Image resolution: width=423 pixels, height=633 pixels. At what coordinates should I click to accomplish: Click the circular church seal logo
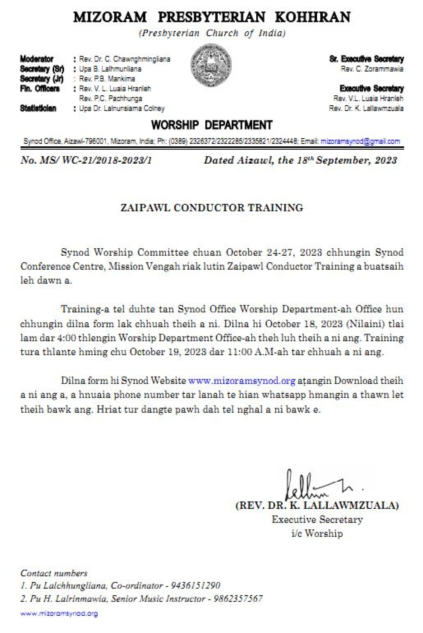tap(211, 65)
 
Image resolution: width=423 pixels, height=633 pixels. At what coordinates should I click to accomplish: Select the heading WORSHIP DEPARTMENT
tap(211, 125)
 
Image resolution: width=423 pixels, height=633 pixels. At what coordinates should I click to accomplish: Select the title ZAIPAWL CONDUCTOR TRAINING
tap(211, 207)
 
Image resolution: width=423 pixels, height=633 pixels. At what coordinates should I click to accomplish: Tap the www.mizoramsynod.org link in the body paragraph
tap(241, 381)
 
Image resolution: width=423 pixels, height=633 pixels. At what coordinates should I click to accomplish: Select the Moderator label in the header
tap(37, 59)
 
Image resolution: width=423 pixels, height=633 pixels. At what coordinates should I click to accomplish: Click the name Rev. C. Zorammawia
tap(372, 69)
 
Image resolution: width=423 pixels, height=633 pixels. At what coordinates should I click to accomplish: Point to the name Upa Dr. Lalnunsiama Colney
tap(122, 108)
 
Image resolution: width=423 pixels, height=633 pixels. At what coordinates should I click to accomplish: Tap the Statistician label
tap(38, 108)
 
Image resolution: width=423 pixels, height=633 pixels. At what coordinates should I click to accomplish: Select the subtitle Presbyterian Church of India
tap(212, 34)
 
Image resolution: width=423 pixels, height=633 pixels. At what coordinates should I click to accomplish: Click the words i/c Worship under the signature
tap(317, 533)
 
